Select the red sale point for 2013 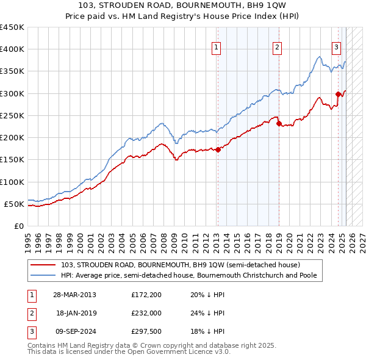(218, 149)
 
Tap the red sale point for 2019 (279, 123)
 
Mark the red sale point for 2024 (338, 94)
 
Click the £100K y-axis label (12, 182)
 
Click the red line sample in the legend (44, 265)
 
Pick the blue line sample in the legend (44, 275)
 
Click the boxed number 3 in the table (30, 331)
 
